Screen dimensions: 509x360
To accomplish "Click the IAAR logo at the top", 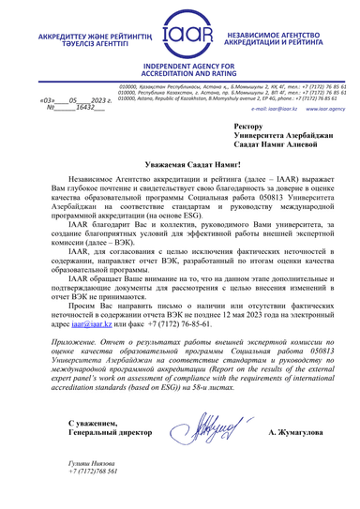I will tap(179, 37).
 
